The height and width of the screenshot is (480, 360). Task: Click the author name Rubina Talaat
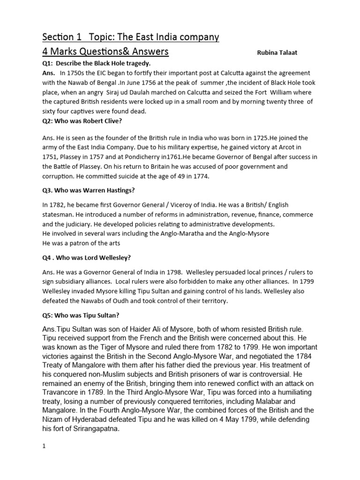(x=277, y=53)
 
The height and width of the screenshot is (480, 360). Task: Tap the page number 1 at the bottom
(x=44, y=447)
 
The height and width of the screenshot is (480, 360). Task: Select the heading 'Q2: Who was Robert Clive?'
(x=81, y=120)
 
